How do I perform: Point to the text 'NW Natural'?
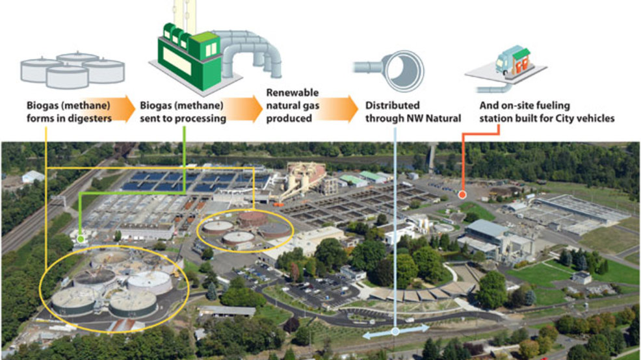[437, 118]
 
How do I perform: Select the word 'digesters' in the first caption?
[88, 118]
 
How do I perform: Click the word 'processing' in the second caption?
[203, 118]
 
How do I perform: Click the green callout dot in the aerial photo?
[80, 239]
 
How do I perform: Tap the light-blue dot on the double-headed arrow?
[395, 331]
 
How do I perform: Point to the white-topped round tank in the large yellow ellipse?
[150, 281]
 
